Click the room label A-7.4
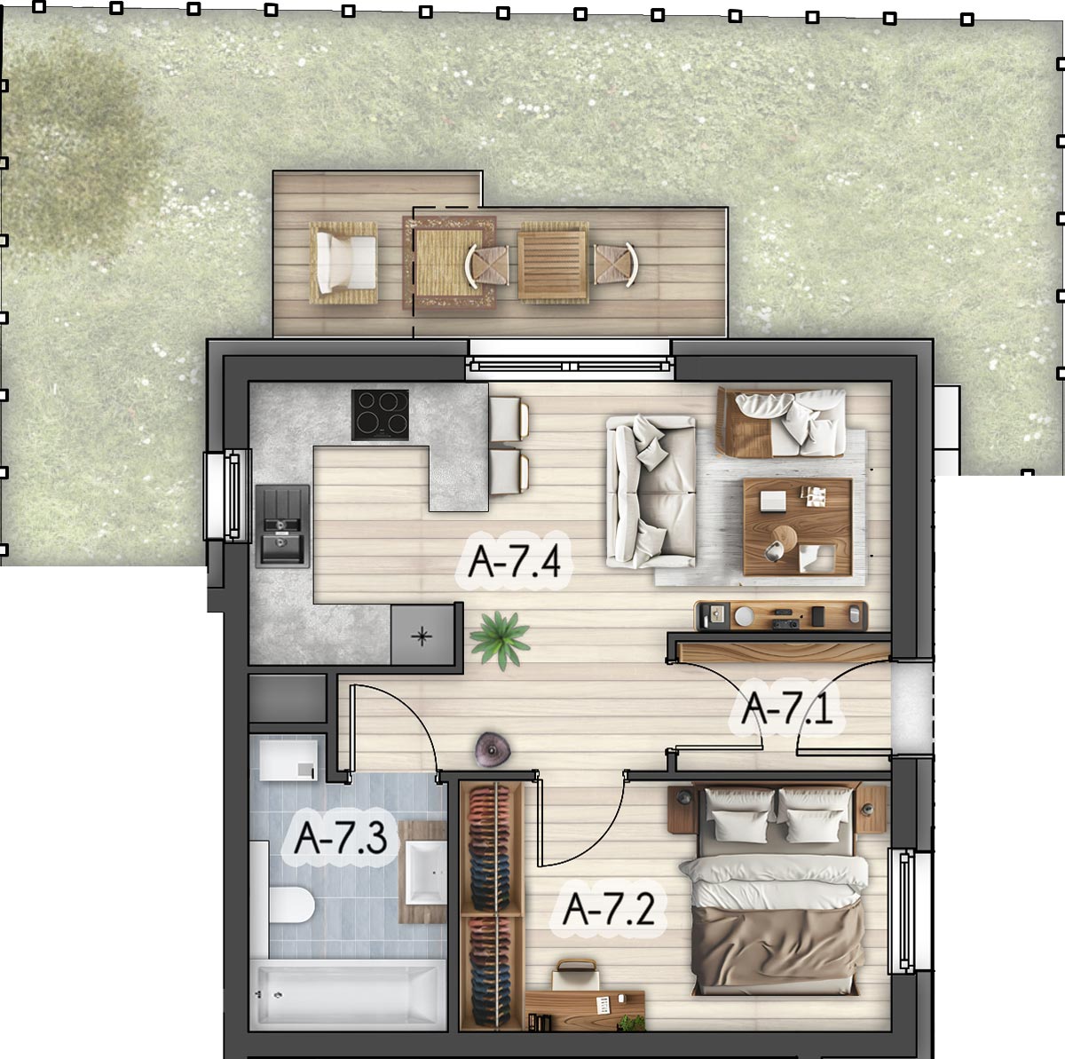(x=514, y=561)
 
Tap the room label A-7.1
(x=786, y=708)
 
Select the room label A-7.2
(x=609, y=909)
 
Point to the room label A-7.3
(x=340, y=837)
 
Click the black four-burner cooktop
(x=380, y=415)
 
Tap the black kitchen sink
(x=282, y=526)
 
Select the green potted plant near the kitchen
(x=500, y=639)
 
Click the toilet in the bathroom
(x=292, y=905)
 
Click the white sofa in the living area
(x=651, y=492)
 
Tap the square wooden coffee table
(x=798, y=527)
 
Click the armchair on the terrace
(x=343, y=263)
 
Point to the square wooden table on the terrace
(x=551, y=263)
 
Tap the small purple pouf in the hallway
(x=493, y=749)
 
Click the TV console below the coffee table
(x=781, y=615)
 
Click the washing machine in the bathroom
(x=288, y=757)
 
